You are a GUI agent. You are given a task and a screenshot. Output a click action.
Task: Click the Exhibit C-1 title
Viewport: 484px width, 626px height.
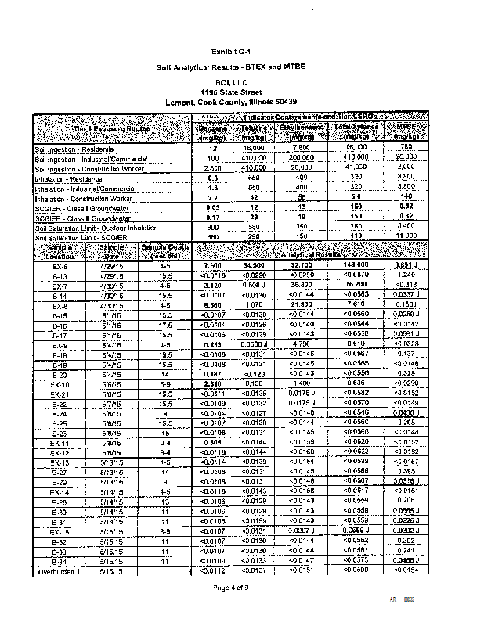point(240,51)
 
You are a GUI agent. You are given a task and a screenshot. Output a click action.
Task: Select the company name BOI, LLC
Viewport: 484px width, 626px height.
point(241,81)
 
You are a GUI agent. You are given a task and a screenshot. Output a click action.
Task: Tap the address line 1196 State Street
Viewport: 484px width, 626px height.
point(241,92)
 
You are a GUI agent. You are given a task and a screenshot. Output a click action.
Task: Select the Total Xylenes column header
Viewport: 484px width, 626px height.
point(356,130)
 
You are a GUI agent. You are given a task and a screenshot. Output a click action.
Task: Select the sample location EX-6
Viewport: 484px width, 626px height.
point(59,267)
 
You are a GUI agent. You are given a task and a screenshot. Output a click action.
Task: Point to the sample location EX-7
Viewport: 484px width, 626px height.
point(59,286)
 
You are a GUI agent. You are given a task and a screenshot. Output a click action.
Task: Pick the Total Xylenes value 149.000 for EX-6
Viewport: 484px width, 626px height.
point(356,266)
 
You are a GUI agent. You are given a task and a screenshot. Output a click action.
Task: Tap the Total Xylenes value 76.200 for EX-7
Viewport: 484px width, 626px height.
point(356,286)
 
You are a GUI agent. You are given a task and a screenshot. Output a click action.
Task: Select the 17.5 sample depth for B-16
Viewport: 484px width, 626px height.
point(165,325)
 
